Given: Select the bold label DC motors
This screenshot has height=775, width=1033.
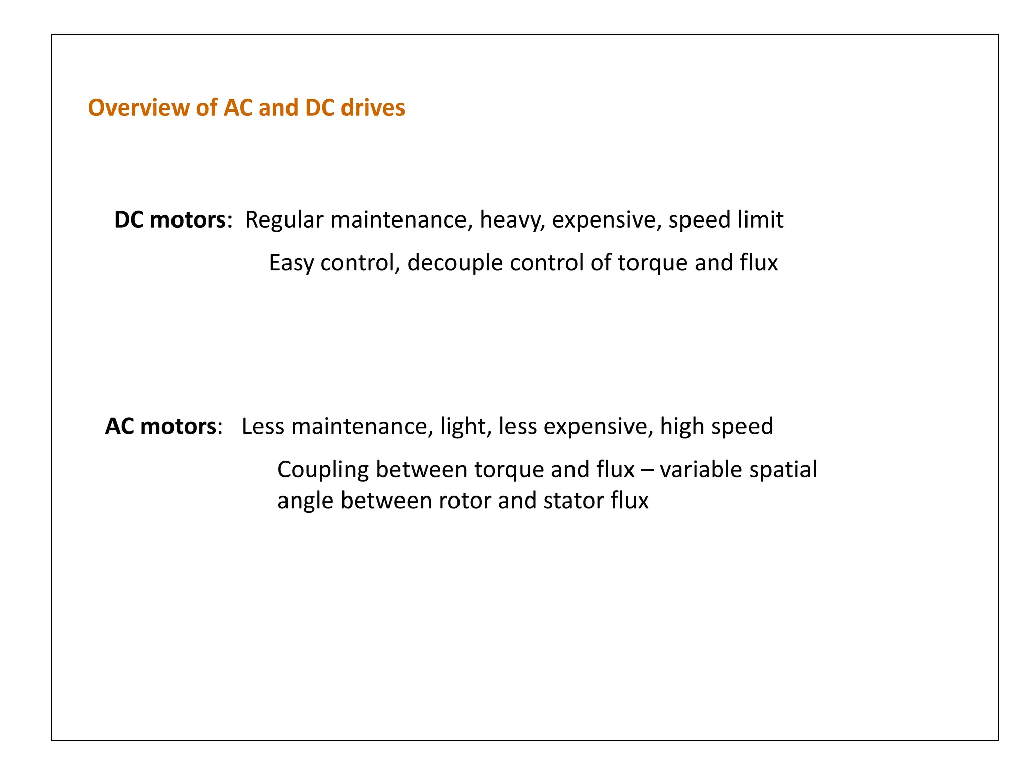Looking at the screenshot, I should coord(170,220).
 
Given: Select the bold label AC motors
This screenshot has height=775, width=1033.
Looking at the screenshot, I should coord(161,426).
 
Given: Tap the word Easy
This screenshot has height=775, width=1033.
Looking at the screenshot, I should coord(291,263).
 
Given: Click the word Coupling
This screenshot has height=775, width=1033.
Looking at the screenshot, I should coord(323,470).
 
